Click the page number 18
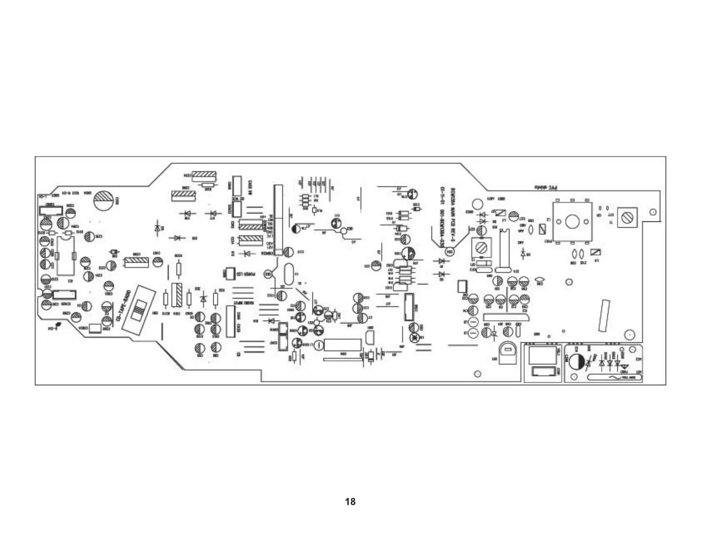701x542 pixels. (350, 502)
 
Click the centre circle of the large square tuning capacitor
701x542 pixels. (572, 221)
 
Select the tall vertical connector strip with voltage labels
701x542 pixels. (278, 220)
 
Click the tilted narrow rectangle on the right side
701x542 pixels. (604, 315)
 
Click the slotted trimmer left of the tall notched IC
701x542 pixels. (481, 245)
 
